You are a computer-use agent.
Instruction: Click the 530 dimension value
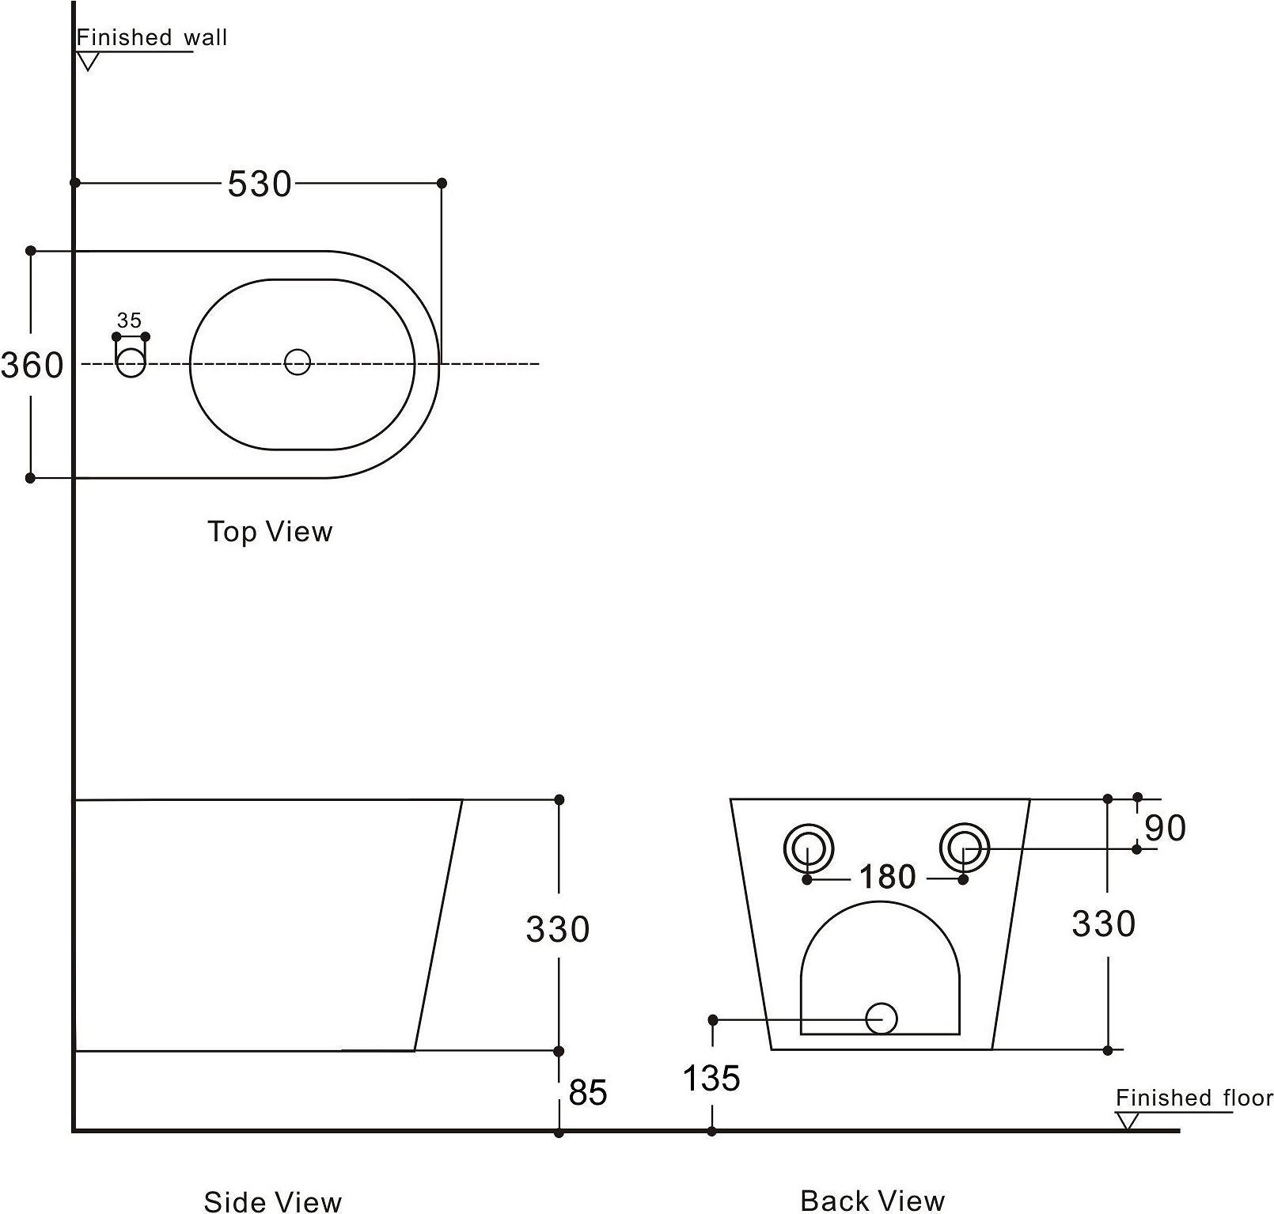pos(260,184)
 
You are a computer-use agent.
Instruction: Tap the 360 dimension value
pos(32,366)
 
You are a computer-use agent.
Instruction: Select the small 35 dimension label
pos(129,321)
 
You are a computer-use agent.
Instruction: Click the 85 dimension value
pos(588,1093)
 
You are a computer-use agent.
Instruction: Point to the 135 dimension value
pos(711,1078)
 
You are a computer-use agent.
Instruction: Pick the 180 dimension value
pos(887,877)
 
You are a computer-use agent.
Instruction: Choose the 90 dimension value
pos(1166,828)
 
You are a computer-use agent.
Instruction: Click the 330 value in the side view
pos(558,929)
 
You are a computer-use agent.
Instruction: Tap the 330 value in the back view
pos(1104,924)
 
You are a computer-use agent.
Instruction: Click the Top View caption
pos(270,531)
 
